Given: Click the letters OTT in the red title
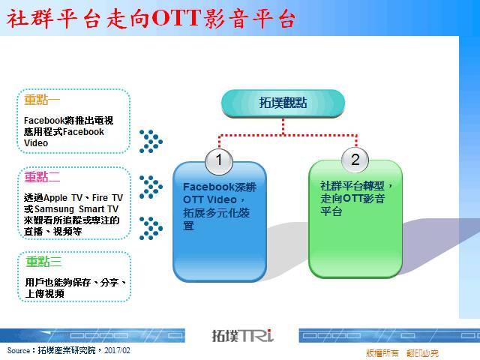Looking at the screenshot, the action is tap(176, 18).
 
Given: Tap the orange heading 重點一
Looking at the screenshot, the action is tap(42, 100).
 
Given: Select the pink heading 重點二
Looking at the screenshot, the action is tap(42, 177).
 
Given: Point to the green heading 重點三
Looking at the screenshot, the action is tap(43, 262).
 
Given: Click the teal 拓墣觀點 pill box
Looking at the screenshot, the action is tap(283, 103).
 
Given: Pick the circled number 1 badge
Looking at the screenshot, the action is tap(219, 161).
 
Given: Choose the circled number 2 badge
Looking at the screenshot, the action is tap(355, 160).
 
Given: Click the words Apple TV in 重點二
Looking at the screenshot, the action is tap(63, 198).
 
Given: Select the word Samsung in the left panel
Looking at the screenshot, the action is tap(55, 209).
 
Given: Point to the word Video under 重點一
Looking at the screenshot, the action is tap(36, 143).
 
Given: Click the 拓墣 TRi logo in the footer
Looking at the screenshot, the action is tap(242, 336).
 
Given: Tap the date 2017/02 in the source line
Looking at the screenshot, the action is tap(117, 350).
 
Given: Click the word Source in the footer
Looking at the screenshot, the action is tap(19, 350).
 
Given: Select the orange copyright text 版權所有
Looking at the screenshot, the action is tap(382, 353).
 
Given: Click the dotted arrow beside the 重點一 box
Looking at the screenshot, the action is tap(151, 142).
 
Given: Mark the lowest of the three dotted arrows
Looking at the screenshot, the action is tap(151, 228).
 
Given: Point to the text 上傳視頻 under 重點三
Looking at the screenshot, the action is tap(45, 294).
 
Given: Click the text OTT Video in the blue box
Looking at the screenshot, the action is tap(210, 200).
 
